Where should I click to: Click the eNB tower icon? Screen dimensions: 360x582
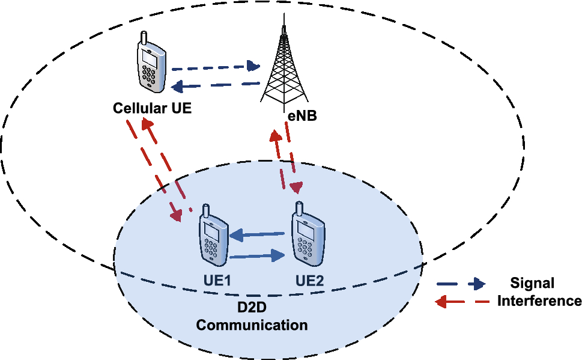(284, 63)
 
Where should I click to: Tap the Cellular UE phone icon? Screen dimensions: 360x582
(150, 64)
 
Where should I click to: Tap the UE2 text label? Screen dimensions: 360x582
(310, 281)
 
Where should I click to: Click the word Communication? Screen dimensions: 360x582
(253, 326)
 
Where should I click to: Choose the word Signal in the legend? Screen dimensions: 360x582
(532, 284)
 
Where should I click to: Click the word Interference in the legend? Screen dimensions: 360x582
(539, 301)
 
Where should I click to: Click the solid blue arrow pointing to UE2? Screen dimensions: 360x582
(258, 257)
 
